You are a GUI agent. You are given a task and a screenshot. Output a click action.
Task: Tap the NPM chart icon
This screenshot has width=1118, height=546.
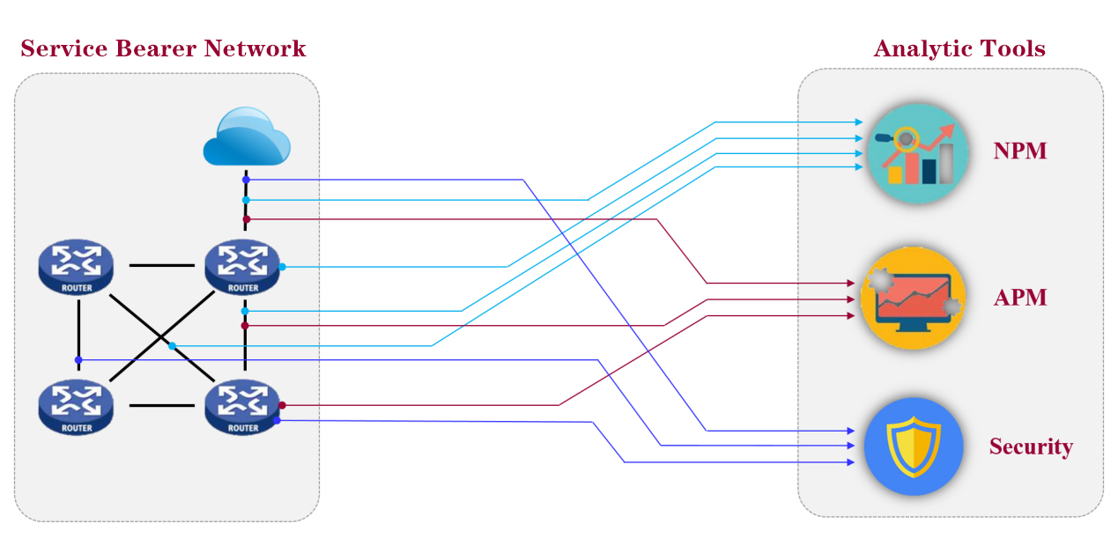[x=918, y=154]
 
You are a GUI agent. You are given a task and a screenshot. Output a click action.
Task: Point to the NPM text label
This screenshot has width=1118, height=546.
[x=1020, y=151]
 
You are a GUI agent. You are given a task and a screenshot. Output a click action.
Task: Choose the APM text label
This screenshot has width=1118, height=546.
[x=1020, y=298]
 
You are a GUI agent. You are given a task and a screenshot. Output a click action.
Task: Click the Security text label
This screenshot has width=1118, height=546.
[x=1031, y=446]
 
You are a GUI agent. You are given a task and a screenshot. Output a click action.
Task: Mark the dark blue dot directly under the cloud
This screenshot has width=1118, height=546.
[x=246, y=180]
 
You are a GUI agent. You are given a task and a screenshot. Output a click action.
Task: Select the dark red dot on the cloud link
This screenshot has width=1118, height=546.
[x=246, y=218]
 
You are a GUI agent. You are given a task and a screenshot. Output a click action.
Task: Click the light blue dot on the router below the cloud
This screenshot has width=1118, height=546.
[x=282, y=266]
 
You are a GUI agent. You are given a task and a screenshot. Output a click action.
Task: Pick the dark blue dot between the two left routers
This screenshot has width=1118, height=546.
[x=78, y=359]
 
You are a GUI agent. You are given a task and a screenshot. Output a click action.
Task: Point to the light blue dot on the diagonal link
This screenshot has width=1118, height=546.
[x=172, y=345]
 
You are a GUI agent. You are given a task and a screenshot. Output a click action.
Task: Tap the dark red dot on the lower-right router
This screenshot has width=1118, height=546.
[x=282, y=405]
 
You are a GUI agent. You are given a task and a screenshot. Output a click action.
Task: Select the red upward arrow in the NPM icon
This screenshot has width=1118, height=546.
[x=936, y=141]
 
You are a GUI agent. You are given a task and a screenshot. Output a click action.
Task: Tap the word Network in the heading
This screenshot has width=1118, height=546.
[x=255, y=48]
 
